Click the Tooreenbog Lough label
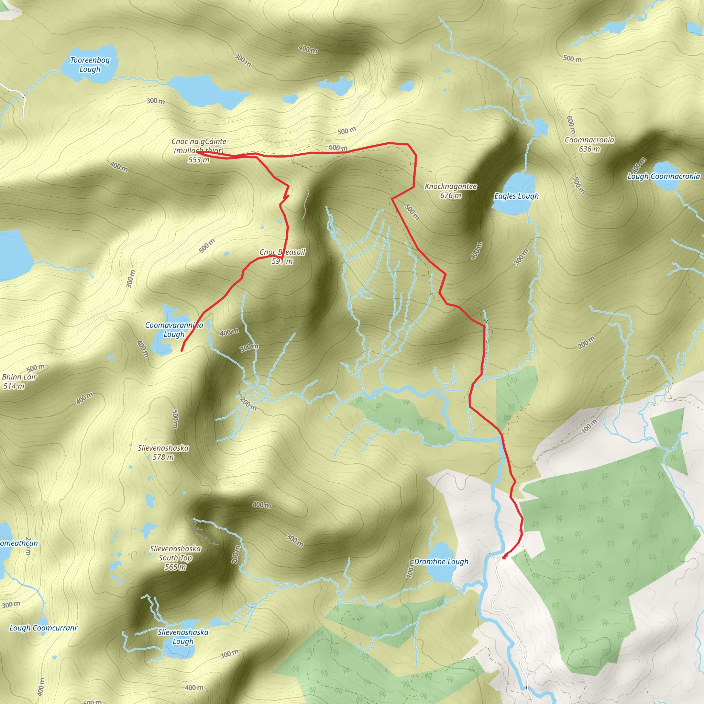[90, 65]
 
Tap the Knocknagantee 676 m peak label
[450, 191]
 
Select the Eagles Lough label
[516, 196]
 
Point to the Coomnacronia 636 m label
[589, 144]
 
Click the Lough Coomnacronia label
[663, 176]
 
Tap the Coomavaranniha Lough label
[174, 329]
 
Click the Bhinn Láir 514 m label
[19, 381]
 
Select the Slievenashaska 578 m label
[163, 452]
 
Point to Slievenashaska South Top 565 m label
[175, 558]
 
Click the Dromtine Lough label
[441, 562]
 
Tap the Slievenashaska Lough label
[183, 637]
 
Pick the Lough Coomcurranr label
[43, 628]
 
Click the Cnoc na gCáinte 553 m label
[199, 150]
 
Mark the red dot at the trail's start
[504, 558]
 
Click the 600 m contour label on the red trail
[338, 147]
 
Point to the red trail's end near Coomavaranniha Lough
[181, 351]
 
